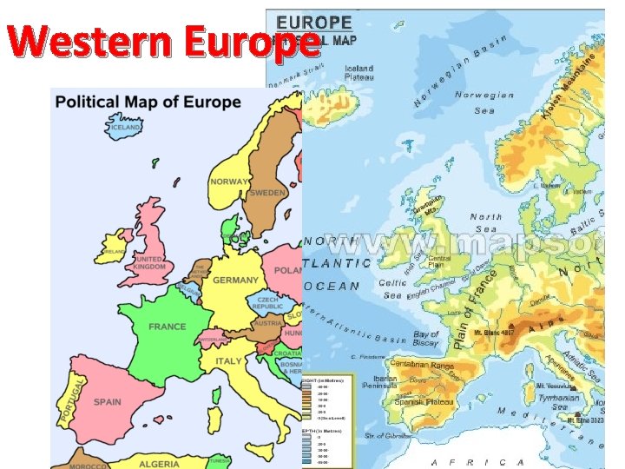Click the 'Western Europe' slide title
161,42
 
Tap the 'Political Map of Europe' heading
148,102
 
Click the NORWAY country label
228,182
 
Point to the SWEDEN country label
268,193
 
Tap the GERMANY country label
235,281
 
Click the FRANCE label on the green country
168,327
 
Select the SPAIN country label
108,402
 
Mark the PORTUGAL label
74,399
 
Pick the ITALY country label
229,360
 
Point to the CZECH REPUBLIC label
267,302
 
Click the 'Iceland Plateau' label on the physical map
359,73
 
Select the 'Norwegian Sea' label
485,102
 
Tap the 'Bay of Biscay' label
426,338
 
